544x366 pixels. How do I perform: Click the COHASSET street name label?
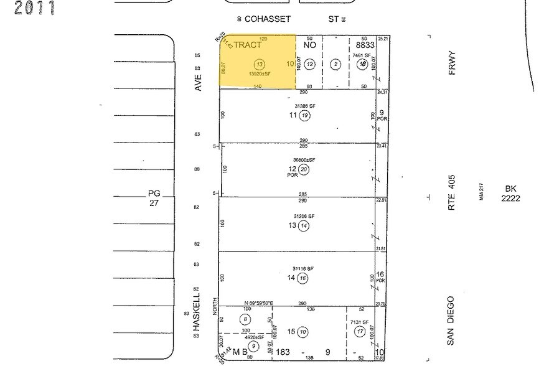[268, 19]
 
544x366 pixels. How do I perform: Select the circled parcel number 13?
[260, 64]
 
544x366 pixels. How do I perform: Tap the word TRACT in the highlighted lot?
[248, 45]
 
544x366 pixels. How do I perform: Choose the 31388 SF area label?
[304, 106]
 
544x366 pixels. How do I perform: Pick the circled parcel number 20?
[304, 169]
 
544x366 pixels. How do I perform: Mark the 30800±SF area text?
[304, 160]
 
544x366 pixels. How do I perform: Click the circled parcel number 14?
[304, 225]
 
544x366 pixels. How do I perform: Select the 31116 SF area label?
[304, 268]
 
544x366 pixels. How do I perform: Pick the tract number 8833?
[365, 45]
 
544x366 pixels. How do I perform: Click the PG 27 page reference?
[154, 198]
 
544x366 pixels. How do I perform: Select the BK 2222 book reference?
[511, 194]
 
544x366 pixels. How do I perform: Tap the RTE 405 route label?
[453, 191]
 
